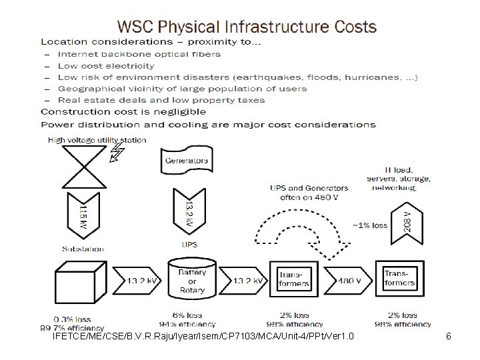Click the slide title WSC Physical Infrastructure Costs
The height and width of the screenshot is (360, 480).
pos(247,27)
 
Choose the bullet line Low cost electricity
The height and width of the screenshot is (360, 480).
pos(105,66)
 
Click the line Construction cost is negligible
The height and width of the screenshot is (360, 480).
pos(123,112)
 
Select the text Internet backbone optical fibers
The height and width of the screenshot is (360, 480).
pos(139,54)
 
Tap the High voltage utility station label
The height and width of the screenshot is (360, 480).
pos(97,140)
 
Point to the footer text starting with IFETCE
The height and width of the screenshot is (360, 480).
pos(203,337)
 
